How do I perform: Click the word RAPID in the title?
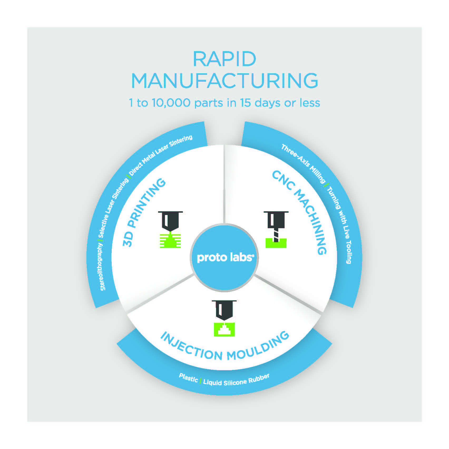tap(224, 59)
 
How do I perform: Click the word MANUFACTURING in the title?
tap(224, 81)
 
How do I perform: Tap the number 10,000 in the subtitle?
tap(171, 103)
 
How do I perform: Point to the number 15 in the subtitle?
tap(245, 103)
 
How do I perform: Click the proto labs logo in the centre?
tap(224, 257)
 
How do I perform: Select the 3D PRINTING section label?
tap(144, 212)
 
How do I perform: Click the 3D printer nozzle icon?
tap(170, 230)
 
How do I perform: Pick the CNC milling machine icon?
tap(276, 230)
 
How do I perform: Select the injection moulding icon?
tap(224, 318)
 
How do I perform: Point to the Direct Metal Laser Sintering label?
tap(160, 155)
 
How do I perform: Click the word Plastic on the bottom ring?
tap(188, 378)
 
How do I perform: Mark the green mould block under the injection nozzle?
tap(224, 329)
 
